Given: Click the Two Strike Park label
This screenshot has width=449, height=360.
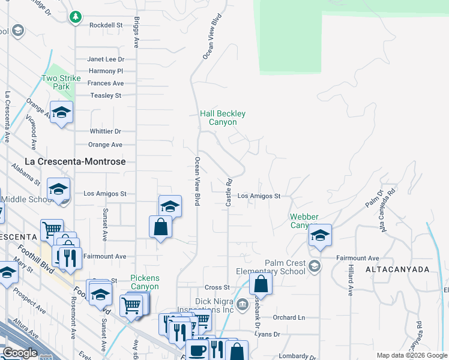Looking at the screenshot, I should coord(56,82).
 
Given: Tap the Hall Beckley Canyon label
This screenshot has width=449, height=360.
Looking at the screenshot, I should coord(223,118).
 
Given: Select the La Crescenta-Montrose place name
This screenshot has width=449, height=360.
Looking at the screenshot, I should coord(76,161).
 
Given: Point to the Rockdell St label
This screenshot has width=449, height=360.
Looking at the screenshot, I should coord(106,25).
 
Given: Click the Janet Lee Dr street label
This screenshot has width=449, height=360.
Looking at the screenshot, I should coord(106,59).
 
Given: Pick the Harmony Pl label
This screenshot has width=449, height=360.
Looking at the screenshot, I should coord(106,71).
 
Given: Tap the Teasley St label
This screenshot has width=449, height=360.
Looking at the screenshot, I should coord(106,95).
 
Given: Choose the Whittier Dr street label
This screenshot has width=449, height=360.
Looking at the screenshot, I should coord(105,131).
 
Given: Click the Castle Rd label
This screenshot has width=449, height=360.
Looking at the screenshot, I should coord(229,193).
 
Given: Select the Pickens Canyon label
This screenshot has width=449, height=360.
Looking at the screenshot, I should coord(145,282).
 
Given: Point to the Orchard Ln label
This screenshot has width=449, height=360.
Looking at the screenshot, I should coord(289,317).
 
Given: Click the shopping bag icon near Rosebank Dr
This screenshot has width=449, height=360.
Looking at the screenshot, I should coord(261,283).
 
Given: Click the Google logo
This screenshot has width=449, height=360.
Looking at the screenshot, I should coord(20,353).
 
